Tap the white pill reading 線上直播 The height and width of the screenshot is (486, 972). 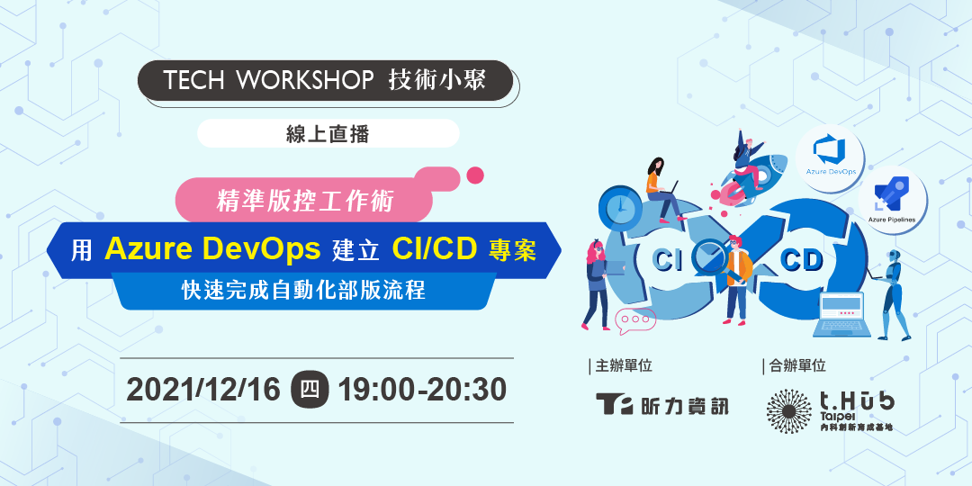[x=328, y=133]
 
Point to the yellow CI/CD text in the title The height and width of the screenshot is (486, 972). [x=436, y=248]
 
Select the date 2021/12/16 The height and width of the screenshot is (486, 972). [x=203, y=390]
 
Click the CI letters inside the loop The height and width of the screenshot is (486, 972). [x=669, y=261]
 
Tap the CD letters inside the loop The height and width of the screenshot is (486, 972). [x=801, y=261]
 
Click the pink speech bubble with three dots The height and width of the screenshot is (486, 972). [x=634, y=319]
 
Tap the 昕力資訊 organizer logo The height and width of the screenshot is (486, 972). [x=661, y=404]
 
